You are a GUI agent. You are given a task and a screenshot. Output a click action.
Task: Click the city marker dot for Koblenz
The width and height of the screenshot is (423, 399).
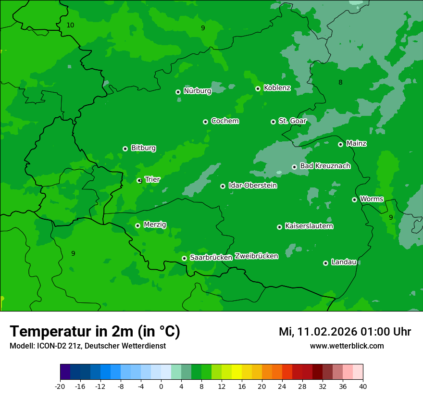pos(258,88)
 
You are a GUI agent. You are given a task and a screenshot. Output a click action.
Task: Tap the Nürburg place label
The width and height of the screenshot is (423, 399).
pos(198,91)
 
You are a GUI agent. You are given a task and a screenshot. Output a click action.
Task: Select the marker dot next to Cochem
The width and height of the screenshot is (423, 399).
pos(206,122)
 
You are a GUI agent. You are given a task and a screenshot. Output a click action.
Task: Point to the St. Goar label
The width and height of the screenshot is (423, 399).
pos(292,121)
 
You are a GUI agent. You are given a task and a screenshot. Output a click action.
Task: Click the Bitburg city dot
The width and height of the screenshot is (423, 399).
pos(125,149)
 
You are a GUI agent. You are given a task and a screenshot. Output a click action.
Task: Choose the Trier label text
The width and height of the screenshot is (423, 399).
pos(152,179)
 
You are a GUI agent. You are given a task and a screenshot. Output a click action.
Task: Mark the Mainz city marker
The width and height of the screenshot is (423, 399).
pos(341,144)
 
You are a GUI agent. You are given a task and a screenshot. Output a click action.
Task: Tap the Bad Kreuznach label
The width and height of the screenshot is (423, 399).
pos(325,166)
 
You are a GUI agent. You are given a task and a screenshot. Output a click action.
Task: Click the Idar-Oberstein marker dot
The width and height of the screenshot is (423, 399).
pos(223,186)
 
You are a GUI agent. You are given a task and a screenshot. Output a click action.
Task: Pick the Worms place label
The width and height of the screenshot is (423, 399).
pos(372,199)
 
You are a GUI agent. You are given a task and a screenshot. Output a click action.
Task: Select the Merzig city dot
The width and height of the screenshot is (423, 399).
pos(138,225)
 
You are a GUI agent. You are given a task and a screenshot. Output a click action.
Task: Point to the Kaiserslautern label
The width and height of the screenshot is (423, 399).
pos(309,226)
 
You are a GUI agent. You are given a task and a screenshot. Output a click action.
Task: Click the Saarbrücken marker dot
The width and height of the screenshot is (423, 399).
pos(185,258)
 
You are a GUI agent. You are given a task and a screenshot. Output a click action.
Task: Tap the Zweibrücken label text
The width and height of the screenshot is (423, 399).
pos(257,256)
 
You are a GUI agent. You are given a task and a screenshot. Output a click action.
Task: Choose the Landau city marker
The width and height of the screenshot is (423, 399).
pos(326,263)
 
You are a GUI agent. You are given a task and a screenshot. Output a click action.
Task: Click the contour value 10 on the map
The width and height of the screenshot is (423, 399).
pos(70,25)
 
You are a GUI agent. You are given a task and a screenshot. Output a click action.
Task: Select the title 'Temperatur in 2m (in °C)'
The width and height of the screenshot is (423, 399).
pos(95,332)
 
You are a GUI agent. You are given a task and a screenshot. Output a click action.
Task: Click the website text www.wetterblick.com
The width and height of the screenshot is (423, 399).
pos(347,346)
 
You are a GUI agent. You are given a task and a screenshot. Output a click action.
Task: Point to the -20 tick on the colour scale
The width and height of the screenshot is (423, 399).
pos(60,386)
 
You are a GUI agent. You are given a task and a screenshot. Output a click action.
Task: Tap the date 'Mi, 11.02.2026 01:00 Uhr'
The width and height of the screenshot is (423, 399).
pos(345,332)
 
